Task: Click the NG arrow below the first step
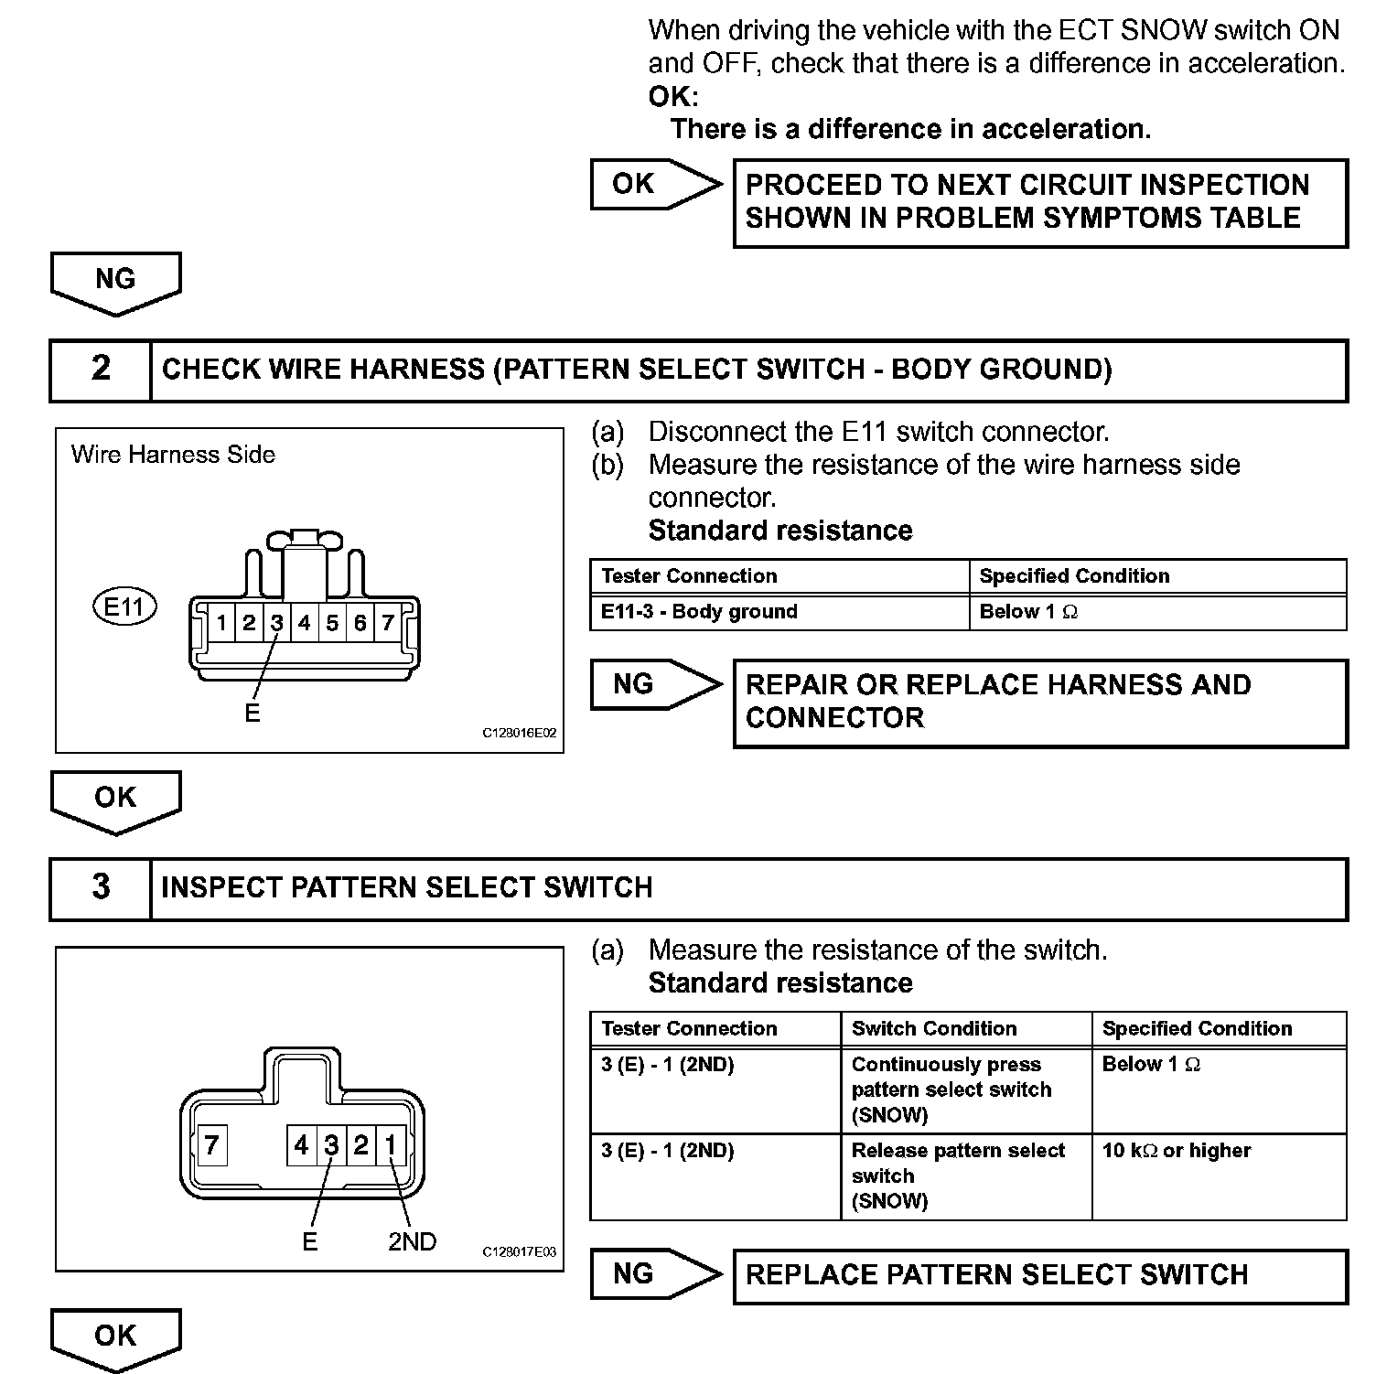115,281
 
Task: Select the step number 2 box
101,370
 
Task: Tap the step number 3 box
101,887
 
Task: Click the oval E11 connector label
125,606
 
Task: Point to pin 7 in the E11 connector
388,623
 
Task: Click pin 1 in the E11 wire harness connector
221,623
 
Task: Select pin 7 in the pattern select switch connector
212,1145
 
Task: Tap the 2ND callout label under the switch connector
412,1241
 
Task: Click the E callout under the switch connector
309,1241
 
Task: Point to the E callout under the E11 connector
253,714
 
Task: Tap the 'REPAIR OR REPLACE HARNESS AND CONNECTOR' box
1040,702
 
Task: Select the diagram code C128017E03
519,1252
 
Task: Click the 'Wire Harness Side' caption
173,455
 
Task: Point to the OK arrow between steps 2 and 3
115,799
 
